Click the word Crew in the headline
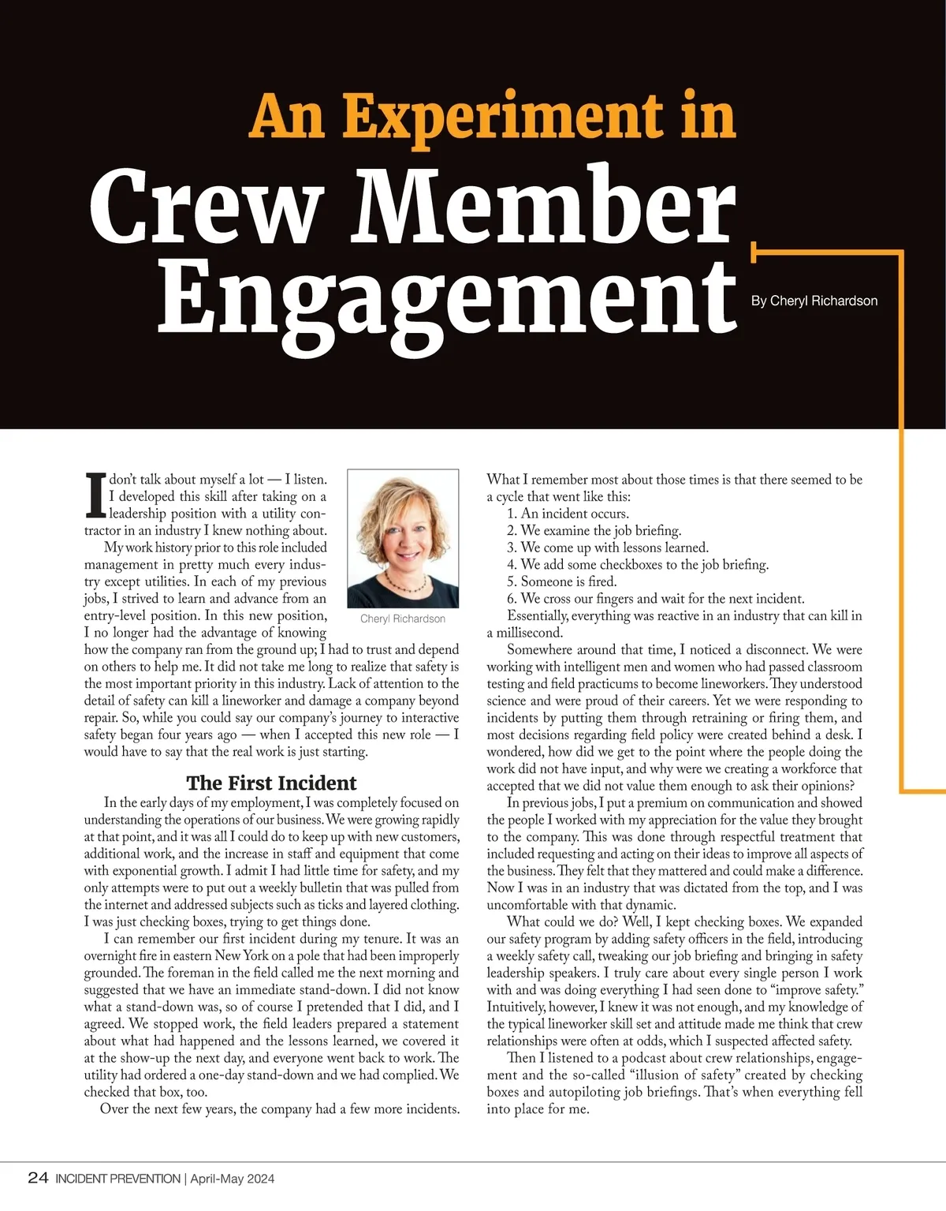tap(207, 207)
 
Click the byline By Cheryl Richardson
tap(814, 301)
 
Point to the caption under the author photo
tap(403, 619)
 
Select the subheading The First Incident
tap(271, 783)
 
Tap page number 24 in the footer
tap(38, 1178)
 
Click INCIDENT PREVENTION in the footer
tap(117, 1179)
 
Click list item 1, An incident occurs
tap(568, 514)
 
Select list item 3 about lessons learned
tap(607, 548)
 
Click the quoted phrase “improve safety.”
tap(820, 989)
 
